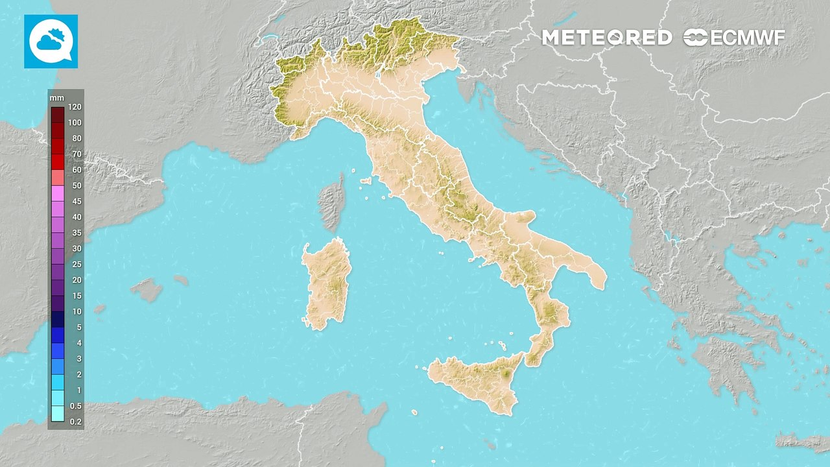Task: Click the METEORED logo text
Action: [606, 38]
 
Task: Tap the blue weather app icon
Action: [51, 42]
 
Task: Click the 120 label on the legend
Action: [74, 107]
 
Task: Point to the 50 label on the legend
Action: [77, 186]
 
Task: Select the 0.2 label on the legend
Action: [75, 422]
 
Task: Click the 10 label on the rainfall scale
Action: [77, 311]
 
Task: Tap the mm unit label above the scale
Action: [56, 97]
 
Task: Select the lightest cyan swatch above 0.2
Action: [57, 413]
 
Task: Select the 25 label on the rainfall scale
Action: [77, 264]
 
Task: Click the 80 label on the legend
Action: [77, 138]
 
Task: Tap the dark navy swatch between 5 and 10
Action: [57, 319]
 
